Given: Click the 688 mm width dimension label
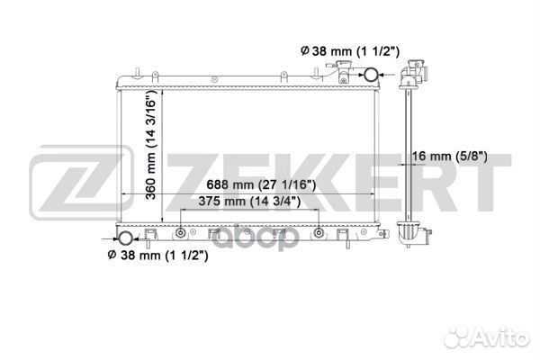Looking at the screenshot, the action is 261,185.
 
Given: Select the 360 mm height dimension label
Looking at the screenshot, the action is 151,145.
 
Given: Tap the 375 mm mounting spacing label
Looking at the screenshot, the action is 249,202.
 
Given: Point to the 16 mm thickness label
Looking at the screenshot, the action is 449,157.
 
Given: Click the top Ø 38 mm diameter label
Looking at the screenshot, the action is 350,51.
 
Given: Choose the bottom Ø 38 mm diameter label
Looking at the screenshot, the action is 158,256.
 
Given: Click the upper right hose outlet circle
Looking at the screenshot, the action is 371,75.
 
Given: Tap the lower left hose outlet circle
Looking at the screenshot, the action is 125,238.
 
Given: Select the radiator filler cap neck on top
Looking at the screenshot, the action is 343,71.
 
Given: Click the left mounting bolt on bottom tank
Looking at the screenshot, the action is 181,233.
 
